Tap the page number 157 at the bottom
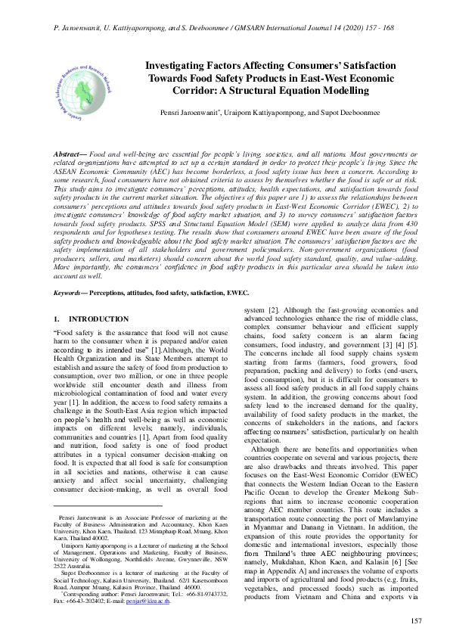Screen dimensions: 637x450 click(415, 621)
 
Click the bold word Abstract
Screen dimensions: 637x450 click(73, 154)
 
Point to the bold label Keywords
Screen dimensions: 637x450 click(70, 291)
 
